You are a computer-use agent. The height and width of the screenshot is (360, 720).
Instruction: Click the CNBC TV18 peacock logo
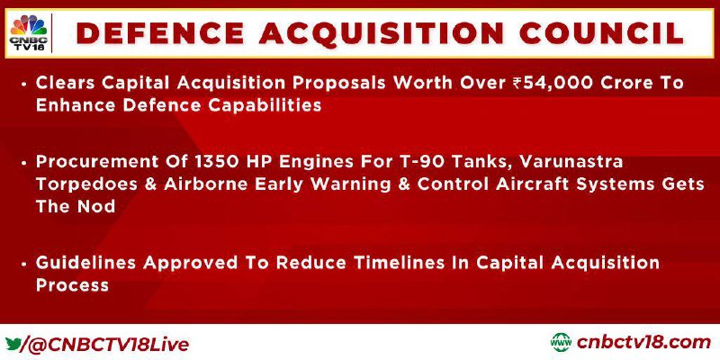(x=29, y=33)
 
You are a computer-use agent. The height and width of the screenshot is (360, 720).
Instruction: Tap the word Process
(x=72, y=284)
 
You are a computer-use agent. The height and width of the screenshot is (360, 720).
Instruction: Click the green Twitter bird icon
(x=13, y=344)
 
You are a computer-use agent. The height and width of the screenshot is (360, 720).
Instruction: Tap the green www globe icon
(x=561, y=343)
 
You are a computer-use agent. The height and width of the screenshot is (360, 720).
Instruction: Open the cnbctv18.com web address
(x=643, y=343)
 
